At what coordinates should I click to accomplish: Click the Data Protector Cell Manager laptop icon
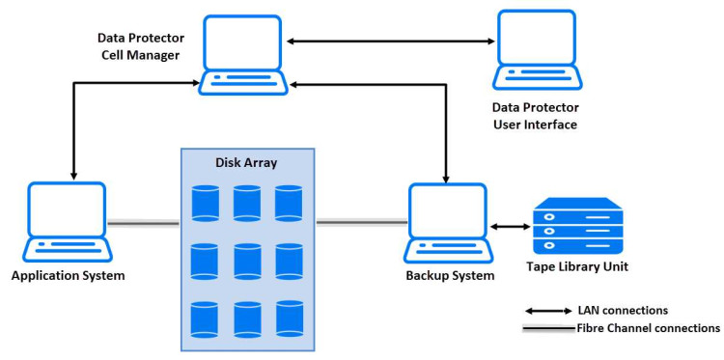pos(244,56)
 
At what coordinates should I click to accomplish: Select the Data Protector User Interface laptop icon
pos(535,50)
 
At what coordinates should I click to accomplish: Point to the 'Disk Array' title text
pos(247,163)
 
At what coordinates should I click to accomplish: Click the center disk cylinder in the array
pos(247,261)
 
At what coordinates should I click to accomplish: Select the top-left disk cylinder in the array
pos(205,204)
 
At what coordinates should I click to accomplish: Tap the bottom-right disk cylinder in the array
pos(289,318)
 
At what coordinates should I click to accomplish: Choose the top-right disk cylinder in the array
pos(289,204)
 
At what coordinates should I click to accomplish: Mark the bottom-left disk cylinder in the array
pos(205,318)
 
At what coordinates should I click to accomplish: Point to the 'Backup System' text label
pos(450,276)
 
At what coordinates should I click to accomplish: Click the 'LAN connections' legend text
pos(624,311)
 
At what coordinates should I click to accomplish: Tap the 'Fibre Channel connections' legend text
pos(648,328)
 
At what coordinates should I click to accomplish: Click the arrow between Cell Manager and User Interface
pos(390,41)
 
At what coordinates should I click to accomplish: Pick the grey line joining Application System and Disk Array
pos(143,223)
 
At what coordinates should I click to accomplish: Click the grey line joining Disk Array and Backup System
pos(360,223)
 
